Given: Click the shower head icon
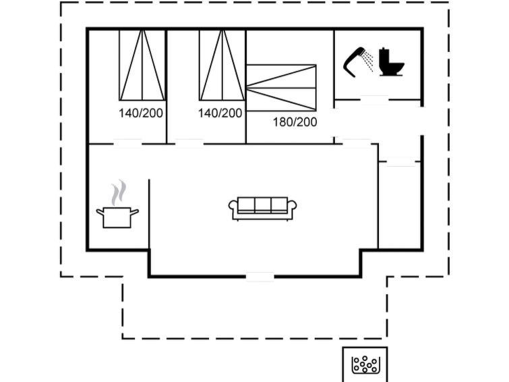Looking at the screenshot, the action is (354, 62).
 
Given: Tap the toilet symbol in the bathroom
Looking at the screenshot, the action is (391, 62).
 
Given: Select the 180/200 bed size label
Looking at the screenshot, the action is (295, 122).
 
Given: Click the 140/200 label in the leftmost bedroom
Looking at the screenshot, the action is (140, 113).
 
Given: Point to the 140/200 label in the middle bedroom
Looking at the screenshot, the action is (220, 113).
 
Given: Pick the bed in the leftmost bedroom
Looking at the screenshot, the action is (142, 65).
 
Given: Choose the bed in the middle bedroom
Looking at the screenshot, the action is (222, 65).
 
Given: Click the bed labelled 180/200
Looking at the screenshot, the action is (281, 88).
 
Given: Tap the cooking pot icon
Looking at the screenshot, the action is (117, 217).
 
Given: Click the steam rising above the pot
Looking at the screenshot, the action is (119, 192).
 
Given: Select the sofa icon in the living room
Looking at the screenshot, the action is (263, 209).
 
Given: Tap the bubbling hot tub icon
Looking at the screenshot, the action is (365, 364).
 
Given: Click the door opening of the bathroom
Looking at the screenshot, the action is (374, 100).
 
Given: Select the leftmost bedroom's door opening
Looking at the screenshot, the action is (127, 143).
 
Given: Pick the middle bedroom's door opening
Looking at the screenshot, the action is (189, 143).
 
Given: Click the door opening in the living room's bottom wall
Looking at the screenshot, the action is (260, 277).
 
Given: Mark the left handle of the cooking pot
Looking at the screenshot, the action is (100, 213).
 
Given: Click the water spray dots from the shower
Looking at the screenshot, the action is (368, 61).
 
